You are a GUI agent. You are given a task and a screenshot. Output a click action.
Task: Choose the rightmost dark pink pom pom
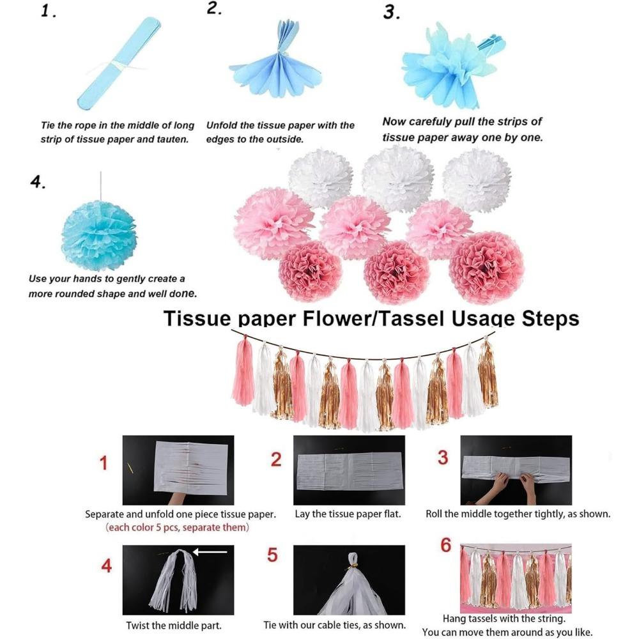click(486, 267)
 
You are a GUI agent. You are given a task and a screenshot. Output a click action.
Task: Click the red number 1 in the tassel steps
click(104, 463)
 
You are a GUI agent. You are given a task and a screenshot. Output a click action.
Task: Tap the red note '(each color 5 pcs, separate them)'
click(177, 528)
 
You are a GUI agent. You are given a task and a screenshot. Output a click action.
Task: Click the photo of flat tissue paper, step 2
click(349, 470)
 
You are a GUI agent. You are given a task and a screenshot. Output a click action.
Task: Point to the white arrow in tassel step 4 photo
click(210, 552)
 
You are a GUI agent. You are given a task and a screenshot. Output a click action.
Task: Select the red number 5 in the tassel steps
click(273, 555)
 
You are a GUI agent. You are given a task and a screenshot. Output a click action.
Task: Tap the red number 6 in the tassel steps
click(445, 546)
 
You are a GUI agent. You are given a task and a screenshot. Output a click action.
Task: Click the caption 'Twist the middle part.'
click(174, 626)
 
